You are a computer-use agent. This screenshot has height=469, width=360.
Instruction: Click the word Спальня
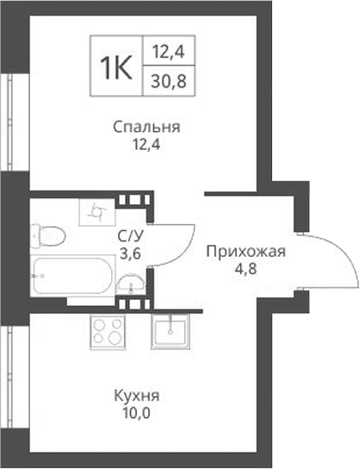point(146,128)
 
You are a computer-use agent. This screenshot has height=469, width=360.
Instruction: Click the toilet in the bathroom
point(49,234)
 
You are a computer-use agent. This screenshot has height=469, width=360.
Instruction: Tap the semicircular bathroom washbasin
point(130,283)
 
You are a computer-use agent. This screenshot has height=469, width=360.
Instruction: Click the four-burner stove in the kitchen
point(109,332)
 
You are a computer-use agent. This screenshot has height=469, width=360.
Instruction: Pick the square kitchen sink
point(171,331)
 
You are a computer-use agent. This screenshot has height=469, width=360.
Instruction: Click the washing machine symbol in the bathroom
point(95,210)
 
